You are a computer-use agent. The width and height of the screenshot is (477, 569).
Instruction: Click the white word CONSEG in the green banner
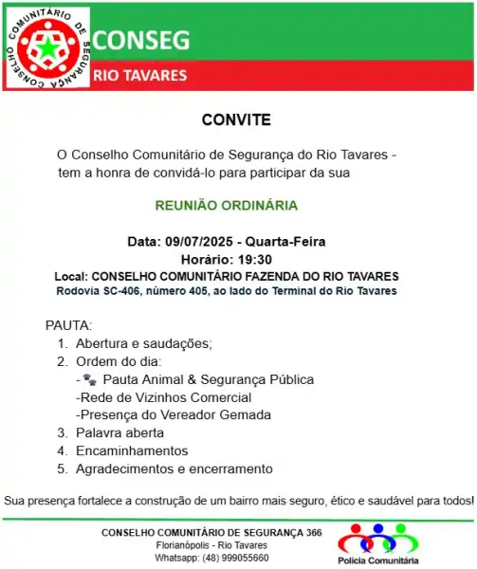[141, 40]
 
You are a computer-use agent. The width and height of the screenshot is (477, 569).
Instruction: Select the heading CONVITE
[236, 120]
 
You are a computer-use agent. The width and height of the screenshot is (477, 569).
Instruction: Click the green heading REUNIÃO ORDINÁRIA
[226, 205]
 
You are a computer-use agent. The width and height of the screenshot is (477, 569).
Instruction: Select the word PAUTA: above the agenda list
[68, 325]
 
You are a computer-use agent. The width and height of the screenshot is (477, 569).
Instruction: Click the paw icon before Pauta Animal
[89, 379]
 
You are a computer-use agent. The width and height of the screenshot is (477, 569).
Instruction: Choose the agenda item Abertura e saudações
[143, 343]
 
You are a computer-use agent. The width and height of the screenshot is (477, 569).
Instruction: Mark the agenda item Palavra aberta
[119, 432]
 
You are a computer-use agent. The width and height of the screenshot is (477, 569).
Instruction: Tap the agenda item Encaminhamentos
[132, 450]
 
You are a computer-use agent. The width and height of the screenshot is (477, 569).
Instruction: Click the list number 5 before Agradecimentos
[62, 468]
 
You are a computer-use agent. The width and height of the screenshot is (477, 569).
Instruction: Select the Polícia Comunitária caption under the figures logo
[377, 560]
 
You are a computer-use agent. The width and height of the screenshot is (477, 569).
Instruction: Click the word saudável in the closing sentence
[383, 500]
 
